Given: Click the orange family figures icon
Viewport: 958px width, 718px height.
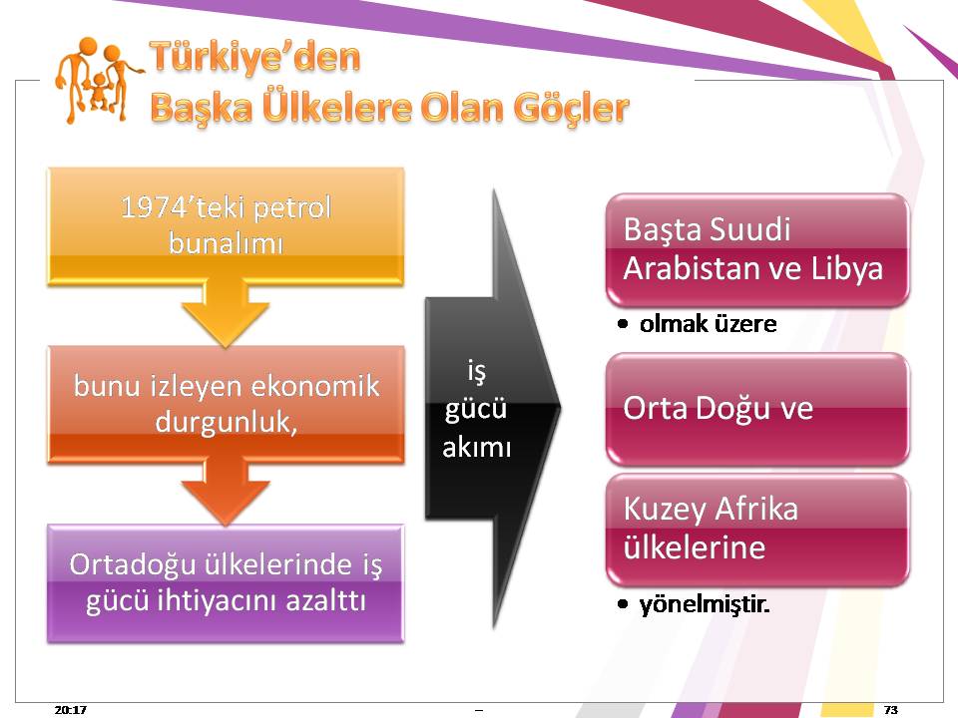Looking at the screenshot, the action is [x=98, y=81].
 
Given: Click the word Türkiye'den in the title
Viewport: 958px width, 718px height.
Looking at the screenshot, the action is [x=254, y=58].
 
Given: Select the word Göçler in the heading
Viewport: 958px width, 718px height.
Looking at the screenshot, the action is [x=571, y=109].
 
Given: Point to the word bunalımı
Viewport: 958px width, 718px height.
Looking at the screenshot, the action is [x=226, y=243].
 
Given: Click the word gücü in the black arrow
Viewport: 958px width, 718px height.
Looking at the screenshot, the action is [x=476, y=409].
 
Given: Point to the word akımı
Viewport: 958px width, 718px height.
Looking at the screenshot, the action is [x=477, y=447].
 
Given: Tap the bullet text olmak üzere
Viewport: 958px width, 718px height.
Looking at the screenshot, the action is [x=709, y=323].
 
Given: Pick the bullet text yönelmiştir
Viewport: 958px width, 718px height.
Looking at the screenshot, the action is [x=704, y=604].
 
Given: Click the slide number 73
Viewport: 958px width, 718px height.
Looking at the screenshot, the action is [x=891, y=709].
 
